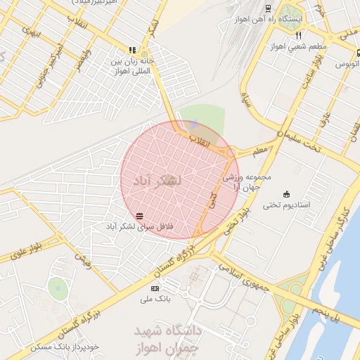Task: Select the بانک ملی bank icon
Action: pos(155,288)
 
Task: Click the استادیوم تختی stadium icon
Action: pos(286,193)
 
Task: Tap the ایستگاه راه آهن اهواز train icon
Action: pos(267,9)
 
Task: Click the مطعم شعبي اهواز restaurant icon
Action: pos(299,35)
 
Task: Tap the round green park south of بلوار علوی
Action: pos(58,287)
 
